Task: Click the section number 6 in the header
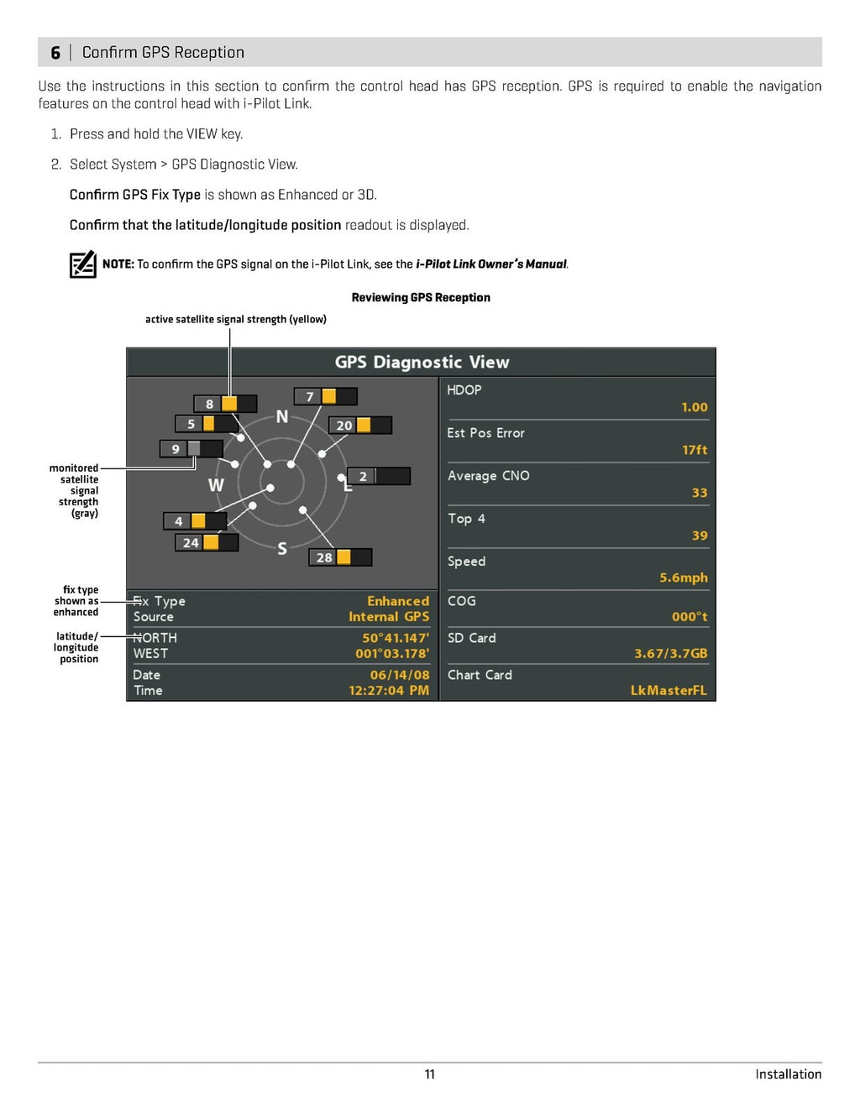click(x=55, y=53)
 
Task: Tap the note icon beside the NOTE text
click(x=82, y=264)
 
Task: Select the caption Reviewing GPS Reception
click(x=421, y=297)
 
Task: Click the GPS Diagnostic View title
click(x=422, y=363)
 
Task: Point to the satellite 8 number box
click(x=209, y=404)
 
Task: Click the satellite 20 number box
click(x=343, y=426)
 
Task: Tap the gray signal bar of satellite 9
click(x=194, y=448)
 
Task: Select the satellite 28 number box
click(x=324, y=557)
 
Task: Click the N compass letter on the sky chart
click(x=282, y=417)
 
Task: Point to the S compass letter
click(x=282, y=549)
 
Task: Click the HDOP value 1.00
click(x=694, y=407)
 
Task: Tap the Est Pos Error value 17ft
click(x=695, y=450)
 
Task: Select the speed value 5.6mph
click(x=683, y=577)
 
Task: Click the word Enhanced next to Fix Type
click(x=397, y=601)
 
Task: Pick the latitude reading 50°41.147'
click(x=395, y=638)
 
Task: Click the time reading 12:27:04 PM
click(x=388, y=690)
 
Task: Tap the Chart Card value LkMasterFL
click(x=669, y=690)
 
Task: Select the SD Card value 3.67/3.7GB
click(x=670, y=653)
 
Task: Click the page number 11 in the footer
click(x=430, y=1074)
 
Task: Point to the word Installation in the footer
click(x=788, y=1074)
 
